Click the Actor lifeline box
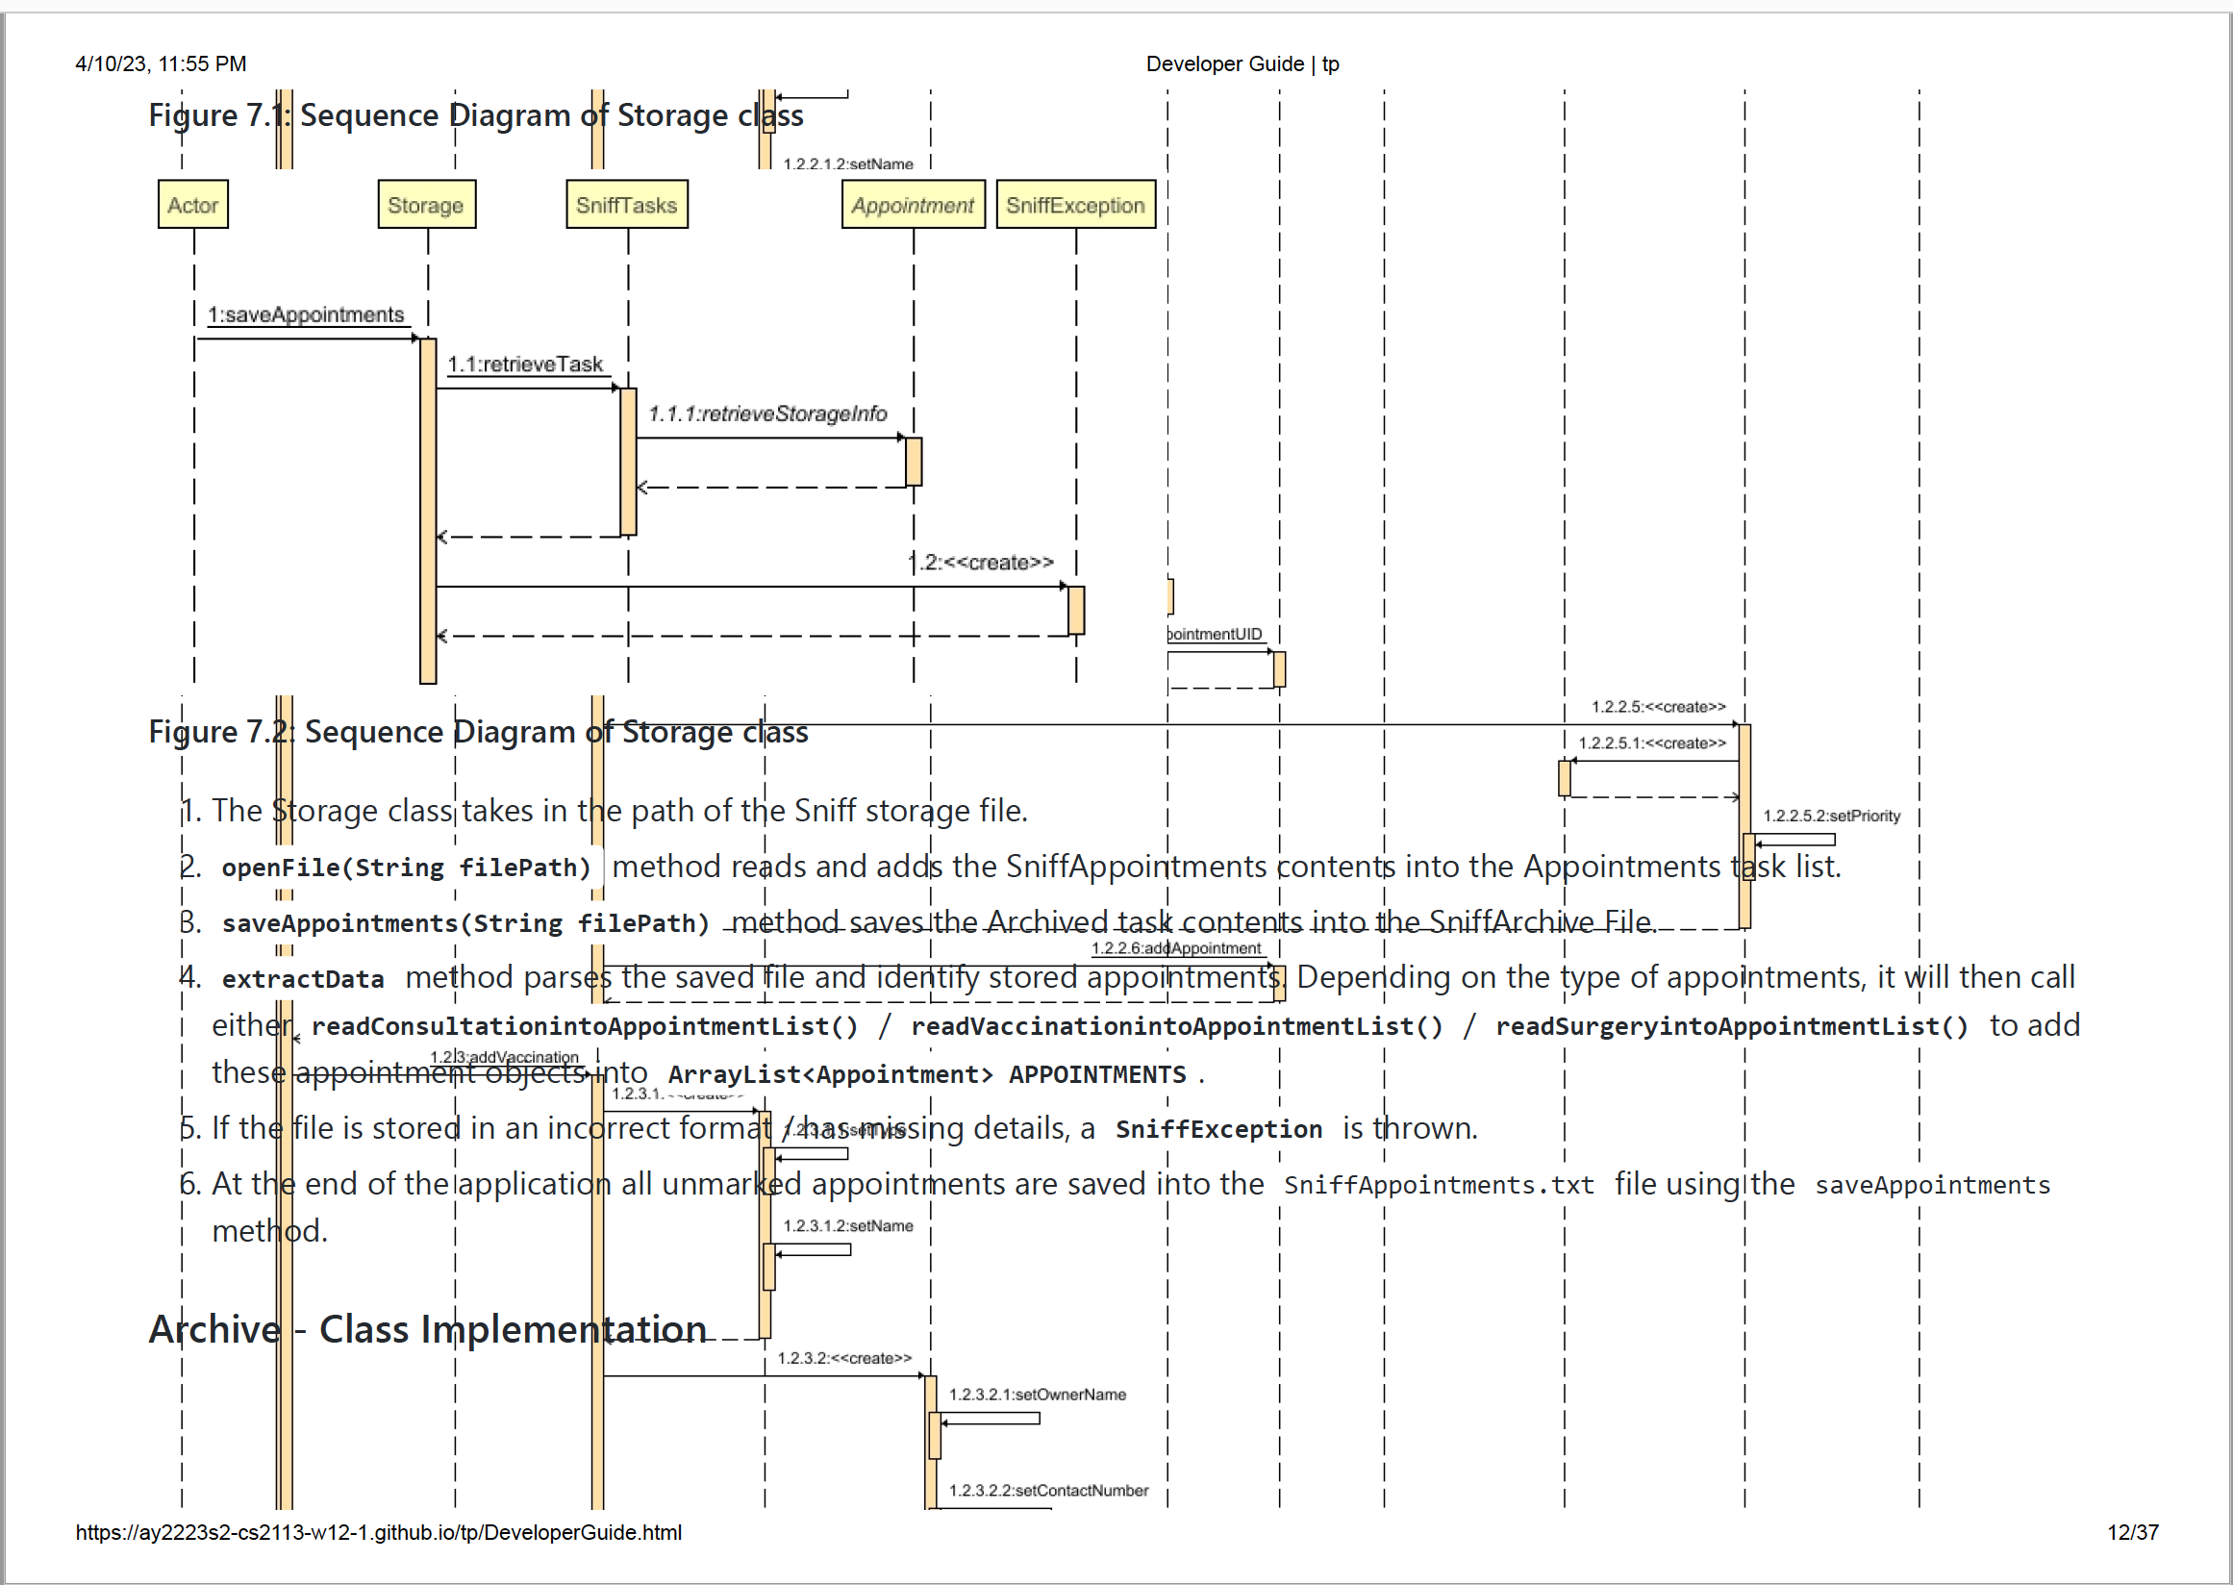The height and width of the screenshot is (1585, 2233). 192,205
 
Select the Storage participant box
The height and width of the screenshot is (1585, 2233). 425,205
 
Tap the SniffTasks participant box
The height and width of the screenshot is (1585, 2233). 626,205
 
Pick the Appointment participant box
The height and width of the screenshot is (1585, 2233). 913,205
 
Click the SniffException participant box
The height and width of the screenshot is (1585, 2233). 1074,205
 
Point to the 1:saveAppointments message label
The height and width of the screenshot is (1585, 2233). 306,314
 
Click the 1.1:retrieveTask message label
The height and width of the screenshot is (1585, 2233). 525,365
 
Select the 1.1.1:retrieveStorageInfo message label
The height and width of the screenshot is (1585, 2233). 767,414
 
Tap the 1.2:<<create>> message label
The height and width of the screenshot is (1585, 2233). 982,563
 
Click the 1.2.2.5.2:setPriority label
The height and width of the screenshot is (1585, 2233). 1831,816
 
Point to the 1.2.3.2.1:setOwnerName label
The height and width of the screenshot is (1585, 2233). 1037,1395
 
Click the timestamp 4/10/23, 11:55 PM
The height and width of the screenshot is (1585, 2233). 161,64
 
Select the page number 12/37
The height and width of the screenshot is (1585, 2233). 2132,1532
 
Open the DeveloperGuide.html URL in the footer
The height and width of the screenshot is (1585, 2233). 379,1532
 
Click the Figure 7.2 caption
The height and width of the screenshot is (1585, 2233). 478,732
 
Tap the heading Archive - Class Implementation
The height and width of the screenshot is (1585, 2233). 428,1329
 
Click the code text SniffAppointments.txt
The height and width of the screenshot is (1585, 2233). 1439,1185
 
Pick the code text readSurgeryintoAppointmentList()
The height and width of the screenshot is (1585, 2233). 1731,1027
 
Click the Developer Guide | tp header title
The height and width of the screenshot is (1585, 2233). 1242,64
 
